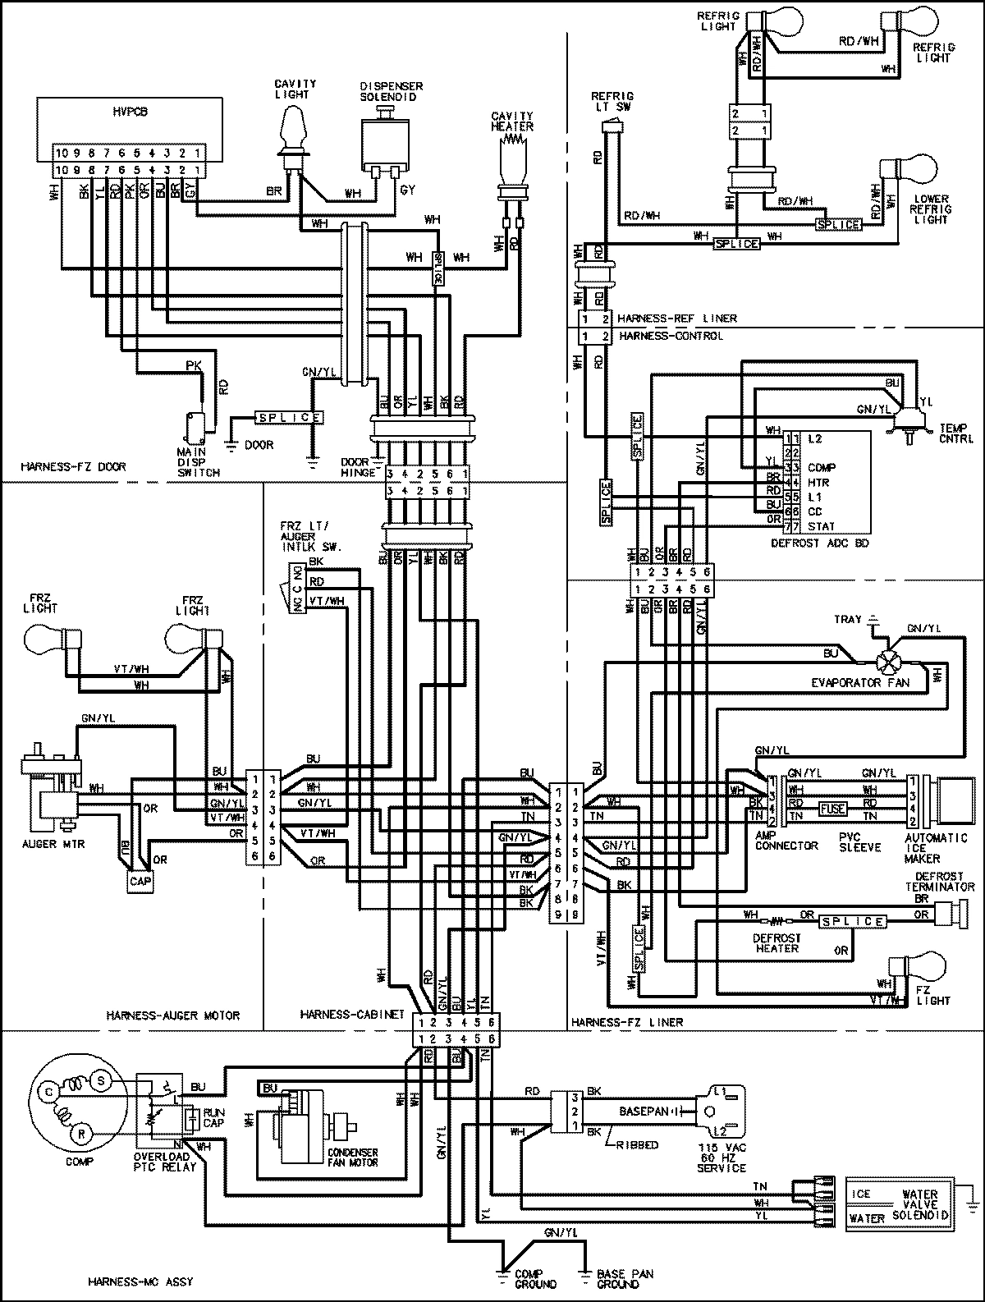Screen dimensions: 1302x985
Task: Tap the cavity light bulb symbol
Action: pos(291,131)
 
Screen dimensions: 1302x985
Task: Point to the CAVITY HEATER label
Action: pos(512,121)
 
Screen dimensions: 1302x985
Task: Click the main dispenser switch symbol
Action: pos(195,424)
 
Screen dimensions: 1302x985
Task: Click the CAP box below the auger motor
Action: pos(137,881)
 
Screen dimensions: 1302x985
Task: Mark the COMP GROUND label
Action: pos(535,1279)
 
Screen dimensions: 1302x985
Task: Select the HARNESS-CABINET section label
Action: pos(352,1015)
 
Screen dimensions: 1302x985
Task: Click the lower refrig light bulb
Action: pos(902,177)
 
